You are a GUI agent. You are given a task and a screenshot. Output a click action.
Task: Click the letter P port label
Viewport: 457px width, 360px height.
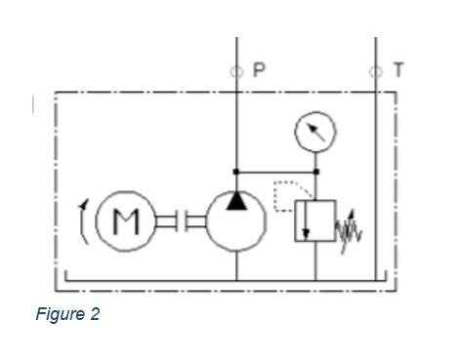(259, 70)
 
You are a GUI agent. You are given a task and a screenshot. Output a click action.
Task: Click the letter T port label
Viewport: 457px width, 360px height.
(398, 70)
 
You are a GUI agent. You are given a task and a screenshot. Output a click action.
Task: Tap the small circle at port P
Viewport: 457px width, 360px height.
(237, 71)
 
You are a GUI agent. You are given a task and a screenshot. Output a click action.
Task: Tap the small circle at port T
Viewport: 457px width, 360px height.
(376, 71)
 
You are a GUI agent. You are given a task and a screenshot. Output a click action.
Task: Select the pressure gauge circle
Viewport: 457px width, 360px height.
(315, 132)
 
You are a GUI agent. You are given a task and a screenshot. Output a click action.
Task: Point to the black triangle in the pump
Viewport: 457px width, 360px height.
(237, 200)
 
